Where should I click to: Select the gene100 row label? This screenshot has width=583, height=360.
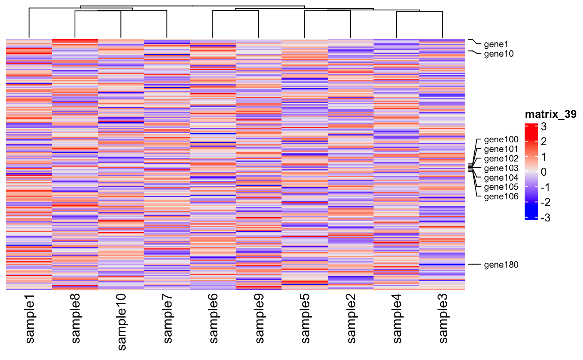tap(501, 140)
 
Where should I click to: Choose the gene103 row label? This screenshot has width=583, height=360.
tap(501, 168)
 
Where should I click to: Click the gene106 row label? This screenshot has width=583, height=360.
tap(501, 196)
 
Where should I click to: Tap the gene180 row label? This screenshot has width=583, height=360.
tap(501, 264)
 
